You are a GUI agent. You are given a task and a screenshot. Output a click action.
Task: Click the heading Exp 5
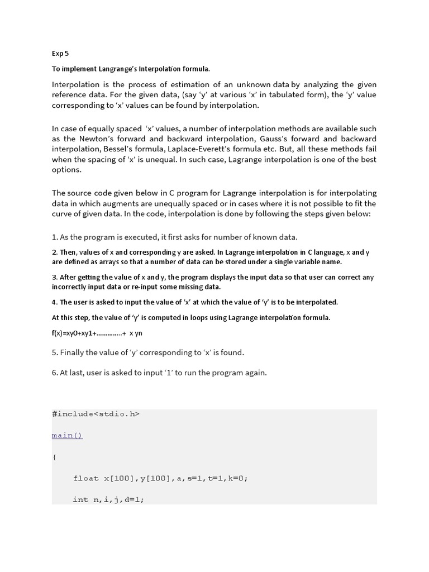pos(60,54)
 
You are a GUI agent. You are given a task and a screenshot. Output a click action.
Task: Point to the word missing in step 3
pos(193,287)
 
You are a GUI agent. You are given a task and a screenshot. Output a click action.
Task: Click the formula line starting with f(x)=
pos(97,333)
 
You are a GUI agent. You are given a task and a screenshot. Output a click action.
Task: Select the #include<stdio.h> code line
pos(96,414)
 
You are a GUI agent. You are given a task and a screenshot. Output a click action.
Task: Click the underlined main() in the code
pos(67,435)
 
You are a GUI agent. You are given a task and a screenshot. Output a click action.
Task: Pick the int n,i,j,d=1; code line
pos(108,499)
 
